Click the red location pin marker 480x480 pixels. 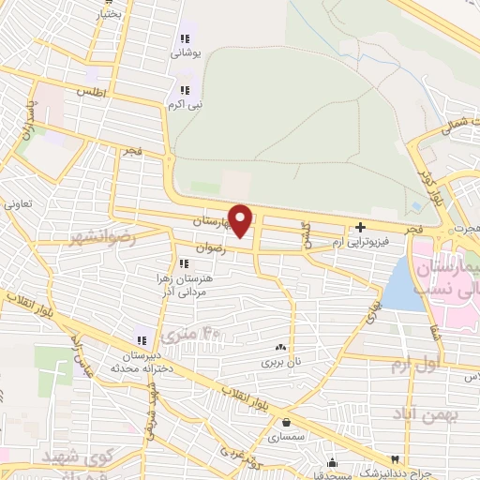click(x=241, y=220)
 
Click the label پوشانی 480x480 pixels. click(x=185, y=54)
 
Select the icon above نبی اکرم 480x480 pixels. click(x=185, y=90)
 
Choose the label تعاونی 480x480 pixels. click(x=19, y=202)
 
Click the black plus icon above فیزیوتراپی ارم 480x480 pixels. click(x=361, y=228)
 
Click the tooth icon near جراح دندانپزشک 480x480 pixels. click(x=396, y=457)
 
